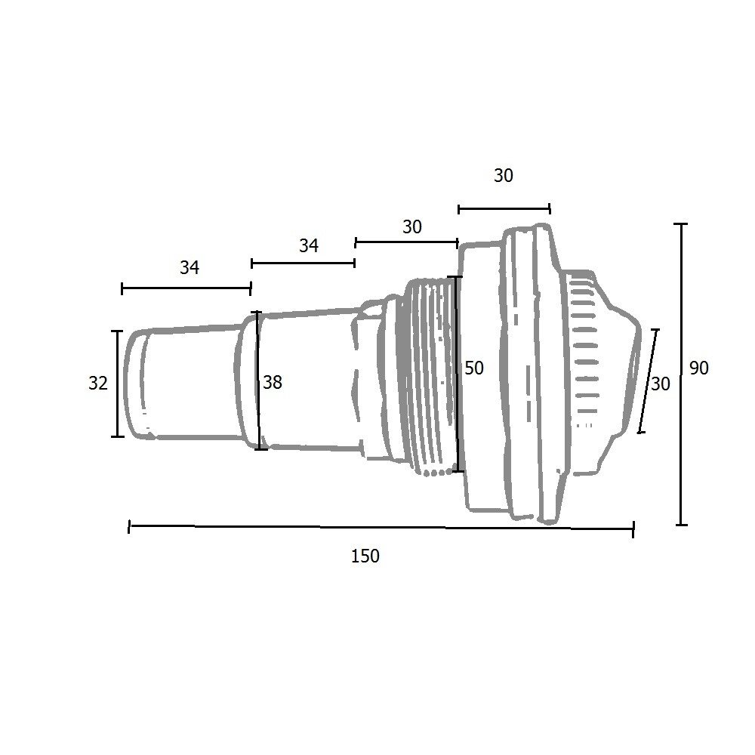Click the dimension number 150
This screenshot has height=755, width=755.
click(x=365, y=556)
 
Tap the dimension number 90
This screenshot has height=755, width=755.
click(x=698, y=368)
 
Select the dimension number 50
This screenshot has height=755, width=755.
click(x=474, y=368)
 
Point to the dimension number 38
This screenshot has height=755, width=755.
click(x=273, y=383)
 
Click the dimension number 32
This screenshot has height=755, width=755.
click(x=97, y=384)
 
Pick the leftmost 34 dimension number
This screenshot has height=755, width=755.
click(x=190, y=267)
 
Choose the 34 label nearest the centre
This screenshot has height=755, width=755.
click(x=309, y=245)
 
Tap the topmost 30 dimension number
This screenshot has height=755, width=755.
click(x=503, y=176)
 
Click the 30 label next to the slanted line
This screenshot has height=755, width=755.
click(x=660, y=384)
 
